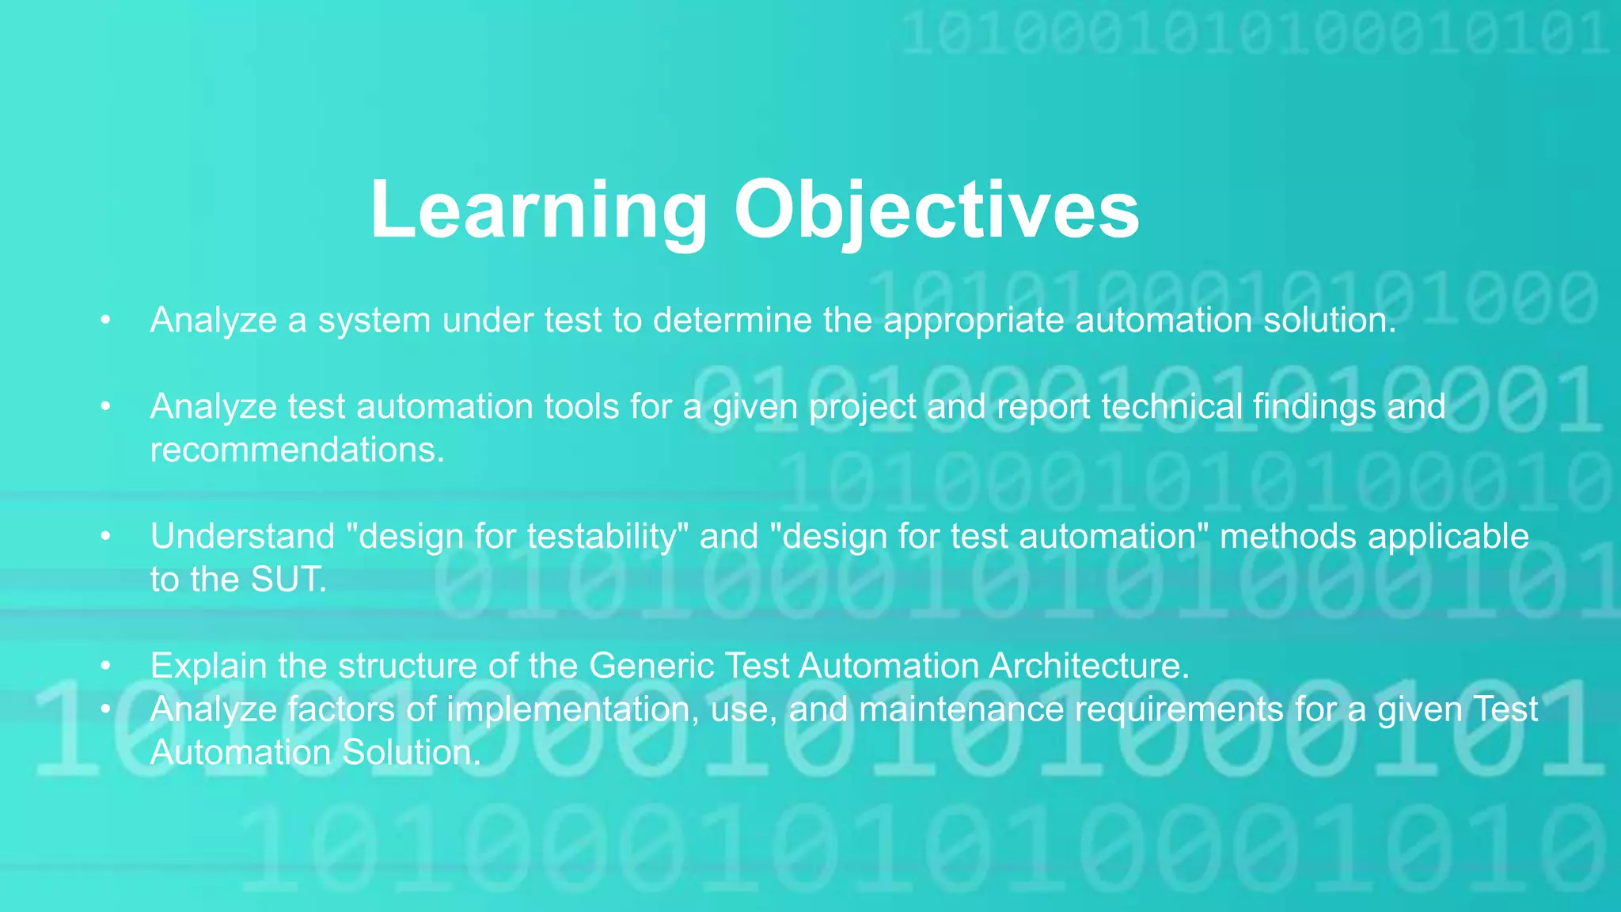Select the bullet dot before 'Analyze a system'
[104, 321]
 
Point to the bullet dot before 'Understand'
[104, 537]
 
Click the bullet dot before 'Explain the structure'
[104, 667]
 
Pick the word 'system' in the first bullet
[374, 321]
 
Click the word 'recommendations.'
[298, 450]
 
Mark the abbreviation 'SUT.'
[289, 580]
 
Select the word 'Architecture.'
[1089, 667]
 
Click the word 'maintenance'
[962, 709]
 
